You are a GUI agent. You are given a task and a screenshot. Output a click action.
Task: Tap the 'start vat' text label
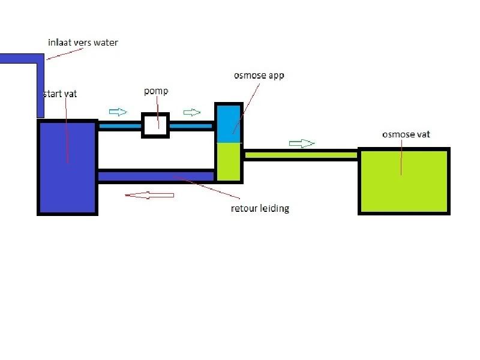pos(60,95)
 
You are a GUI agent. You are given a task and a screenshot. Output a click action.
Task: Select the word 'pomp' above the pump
pos(156,91)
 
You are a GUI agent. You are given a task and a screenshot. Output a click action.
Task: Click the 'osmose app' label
pos(258,76)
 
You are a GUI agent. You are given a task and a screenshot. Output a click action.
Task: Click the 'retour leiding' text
pos(260,209)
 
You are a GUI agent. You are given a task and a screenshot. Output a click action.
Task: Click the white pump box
pos(156,125)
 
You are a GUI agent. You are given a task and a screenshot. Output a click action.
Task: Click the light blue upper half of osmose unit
pos(228,124)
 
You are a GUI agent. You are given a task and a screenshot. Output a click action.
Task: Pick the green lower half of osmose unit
pos(228,161)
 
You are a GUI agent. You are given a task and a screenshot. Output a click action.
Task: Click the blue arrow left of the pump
pos(118,112)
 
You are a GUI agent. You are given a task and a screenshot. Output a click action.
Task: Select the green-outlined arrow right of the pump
pos(192,112)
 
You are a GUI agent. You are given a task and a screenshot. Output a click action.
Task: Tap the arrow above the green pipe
pos(302,143)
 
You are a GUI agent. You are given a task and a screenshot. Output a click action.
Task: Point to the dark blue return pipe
pos(156,176)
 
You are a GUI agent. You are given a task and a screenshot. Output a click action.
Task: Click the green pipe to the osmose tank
pos(300,155)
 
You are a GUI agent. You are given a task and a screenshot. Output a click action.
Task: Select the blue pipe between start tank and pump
pos(119,126)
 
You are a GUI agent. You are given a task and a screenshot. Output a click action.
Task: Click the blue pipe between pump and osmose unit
pos(192,126)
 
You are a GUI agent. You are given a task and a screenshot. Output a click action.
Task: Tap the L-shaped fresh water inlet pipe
pos(40,84)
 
